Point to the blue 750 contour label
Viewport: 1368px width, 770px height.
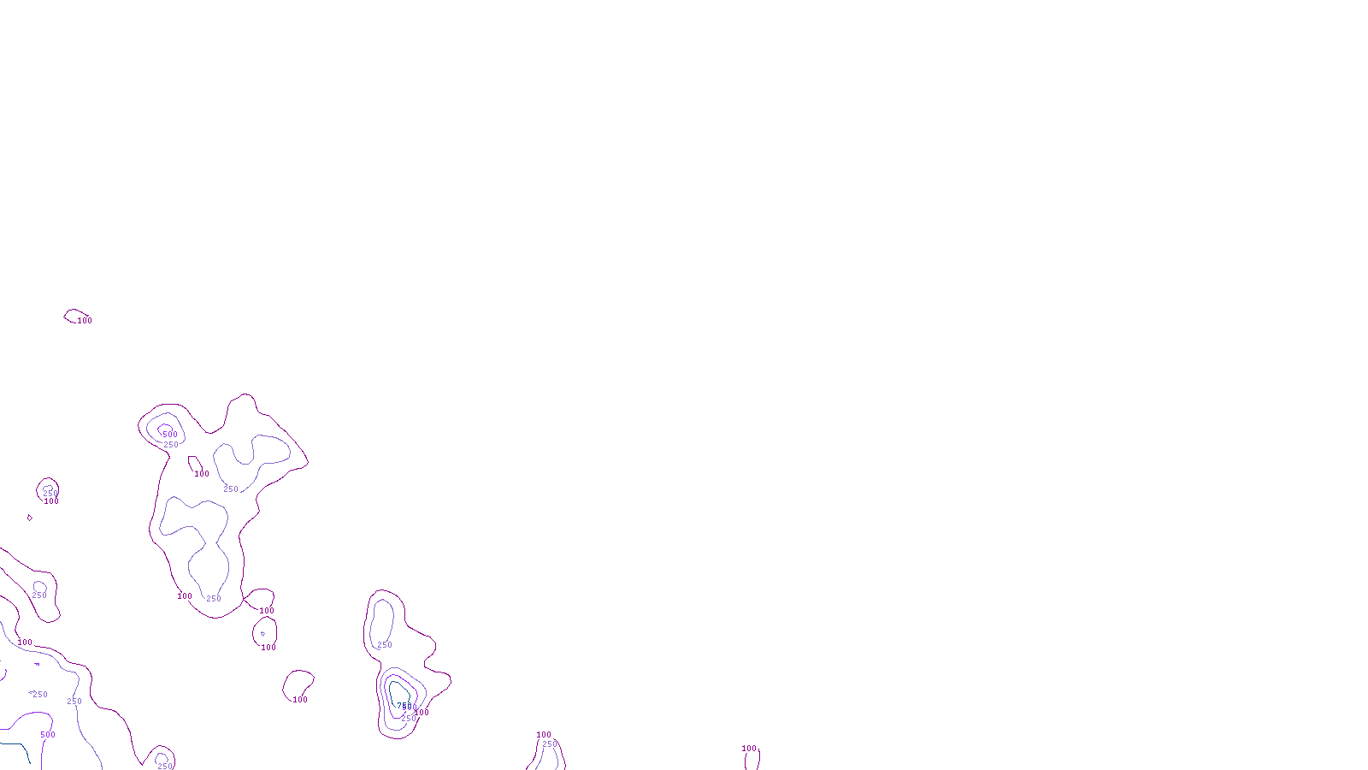tap(399, 707)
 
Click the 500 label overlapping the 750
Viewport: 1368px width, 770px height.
tap(410, 708)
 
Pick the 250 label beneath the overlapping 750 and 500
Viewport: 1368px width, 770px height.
tap(409, 719)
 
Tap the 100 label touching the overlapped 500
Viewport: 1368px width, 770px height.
tap(423, 712)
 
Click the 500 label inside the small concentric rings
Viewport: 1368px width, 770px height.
tap(170, 435)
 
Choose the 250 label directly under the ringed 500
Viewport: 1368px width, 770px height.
tap(171, 445)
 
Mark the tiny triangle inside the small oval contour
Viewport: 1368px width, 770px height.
tap(262, 634)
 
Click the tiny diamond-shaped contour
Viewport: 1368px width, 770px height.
tap(30, 518)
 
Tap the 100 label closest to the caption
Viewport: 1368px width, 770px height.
tap(749, 749)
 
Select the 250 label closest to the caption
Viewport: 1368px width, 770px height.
tap(550, 744)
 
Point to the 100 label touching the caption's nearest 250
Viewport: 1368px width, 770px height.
tap(544, 735)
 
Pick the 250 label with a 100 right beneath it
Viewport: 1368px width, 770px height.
tap(50, 493)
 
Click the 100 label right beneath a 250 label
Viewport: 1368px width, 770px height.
tap(51, 501)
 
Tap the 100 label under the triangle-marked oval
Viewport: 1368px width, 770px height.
tap(268, 648)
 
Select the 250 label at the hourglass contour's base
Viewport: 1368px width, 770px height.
tap(214, 599)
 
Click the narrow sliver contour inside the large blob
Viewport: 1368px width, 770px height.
tap(194, 465)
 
